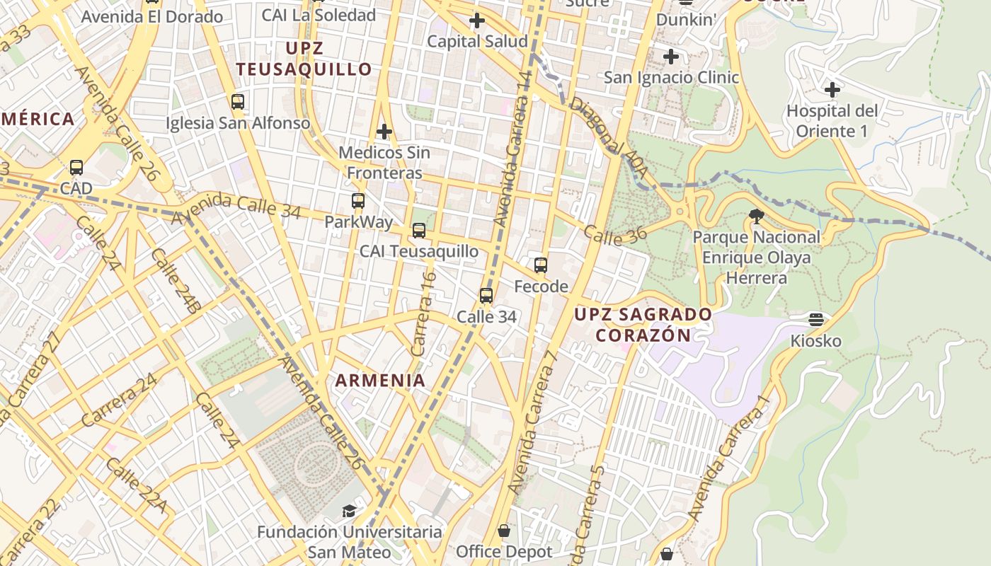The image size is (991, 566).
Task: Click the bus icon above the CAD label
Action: (x=76, y=168)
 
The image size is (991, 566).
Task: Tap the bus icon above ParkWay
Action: (x=358, y=201)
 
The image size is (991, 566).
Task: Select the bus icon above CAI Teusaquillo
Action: (x=419, y=231)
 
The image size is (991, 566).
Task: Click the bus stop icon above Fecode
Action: (x=541, y=265)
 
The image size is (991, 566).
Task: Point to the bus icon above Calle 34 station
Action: (x=486, y=296)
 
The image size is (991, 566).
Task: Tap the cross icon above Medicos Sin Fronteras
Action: (x=384, y=132)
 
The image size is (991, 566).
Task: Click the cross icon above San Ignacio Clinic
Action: (x=671, y=57)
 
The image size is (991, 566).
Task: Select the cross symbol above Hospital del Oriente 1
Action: (x=832, y=90)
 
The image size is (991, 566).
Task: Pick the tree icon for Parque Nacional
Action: (x=756, y=216)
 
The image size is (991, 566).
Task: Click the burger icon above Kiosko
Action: (x=816, y=320)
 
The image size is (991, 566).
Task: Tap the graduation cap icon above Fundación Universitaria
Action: (x=349, y=511)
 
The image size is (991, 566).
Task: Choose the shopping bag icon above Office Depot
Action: (x=504, y=530)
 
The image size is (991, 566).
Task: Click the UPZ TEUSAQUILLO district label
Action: (x=304, y=59)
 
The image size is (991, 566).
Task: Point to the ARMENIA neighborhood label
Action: (x=380, y=380)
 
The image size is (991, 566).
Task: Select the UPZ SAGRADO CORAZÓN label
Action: (x=643, y=324)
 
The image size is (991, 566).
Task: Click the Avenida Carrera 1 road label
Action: (x=729, y=456)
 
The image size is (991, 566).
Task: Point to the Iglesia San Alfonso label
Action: (x=238, y=123)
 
